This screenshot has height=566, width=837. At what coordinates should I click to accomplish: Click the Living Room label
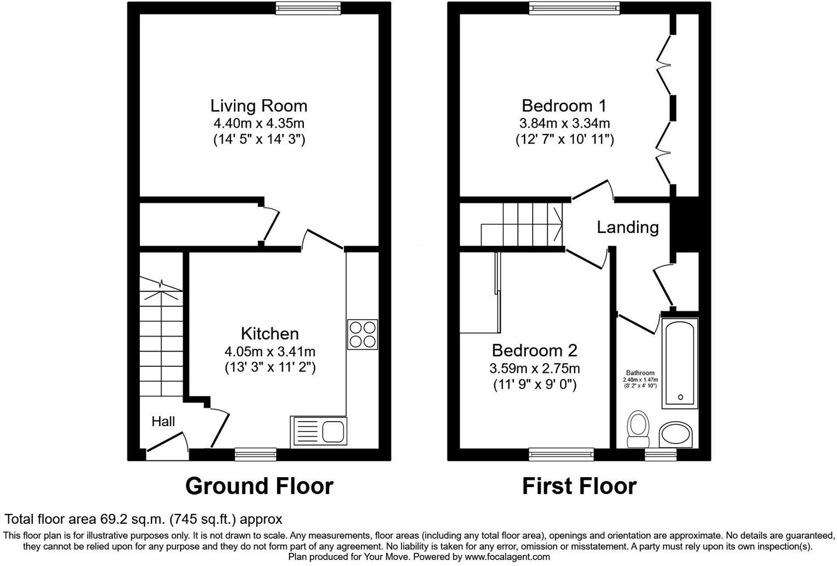pos(259,105)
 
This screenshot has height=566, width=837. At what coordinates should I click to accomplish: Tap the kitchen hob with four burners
pos(363,334)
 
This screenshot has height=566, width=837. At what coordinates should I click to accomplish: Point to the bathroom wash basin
pos(676,434)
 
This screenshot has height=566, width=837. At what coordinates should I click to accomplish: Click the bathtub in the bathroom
pos(680,363)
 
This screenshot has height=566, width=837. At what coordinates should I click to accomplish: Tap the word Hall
pos(163,421)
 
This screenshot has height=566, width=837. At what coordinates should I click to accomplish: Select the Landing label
pos(627,227)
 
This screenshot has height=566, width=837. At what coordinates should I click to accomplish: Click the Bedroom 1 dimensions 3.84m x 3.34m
pos(564,123)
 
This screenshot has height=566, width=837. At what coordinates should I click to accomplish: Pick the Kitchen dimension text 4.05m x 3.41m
pos(269,351)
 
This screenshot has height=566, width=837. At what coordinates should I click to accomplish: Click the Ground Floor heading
pos(259,486)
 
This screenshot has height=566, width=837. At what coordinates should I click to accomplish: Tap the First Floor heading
pos(579,486)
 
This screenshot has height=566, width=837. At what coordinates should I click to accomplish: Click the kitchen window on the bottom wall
pos(255,453)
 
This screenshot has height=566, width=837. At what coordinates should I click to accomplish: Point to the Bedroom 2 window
pos(561,453)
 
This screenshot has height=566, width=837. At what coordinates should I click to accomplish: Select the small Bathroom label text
pos(640,373)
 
